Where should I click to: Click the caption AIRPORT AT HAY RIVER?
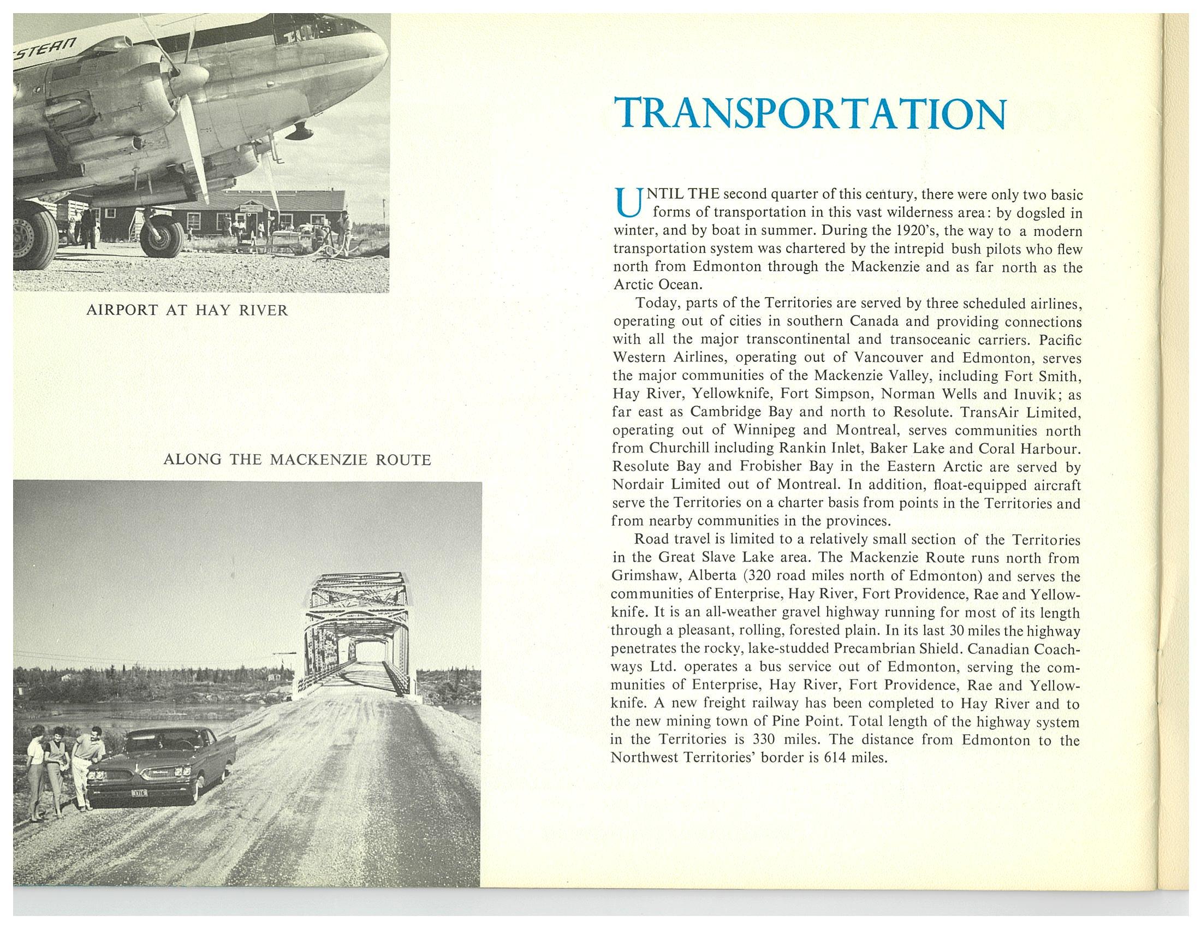tap(187, 311)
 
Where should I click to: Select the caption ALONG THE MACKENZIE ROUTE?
tap(297, 460)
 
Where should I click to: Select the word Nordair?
tap(641, 485)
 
